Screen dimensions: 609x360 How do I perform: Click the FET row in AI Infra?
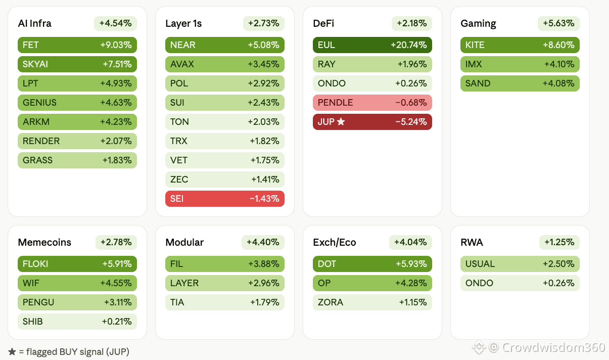[x=77, y=45]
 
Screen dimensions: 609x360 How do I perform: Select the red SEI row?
[x=225, y=199]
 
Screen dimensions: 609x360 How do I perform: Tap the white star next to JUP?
[x=341, y=121]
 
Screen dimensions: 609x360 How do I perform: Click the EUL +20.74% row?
[x=372, y=45]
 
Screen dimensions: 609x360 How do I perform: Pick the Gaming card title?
[x=478, y=24]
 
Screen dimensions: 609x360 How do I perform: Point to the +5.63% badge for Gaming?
[x=558, y=23]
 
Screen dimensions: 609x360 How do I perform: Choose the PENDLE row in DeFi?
[x=372, y=103]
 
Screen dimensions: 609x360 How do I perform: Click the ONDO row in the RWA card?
[x=520, y=283]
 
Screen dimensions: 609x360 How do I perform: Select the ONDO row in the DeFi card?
[x=372, y=83]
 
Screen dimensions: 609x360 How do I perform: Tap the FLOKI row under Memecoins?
[x=77, y=264]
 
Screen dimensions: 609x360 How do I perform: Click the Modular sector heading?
[x=184, y=242]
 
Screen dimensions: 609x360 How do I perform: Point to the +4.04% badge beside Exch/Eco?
[x=410, y=242]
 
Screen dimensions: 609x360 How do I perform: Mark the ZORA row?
[x=372, y=302]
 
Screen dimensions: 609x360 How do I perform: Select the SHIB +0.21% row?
[x=77, y=322]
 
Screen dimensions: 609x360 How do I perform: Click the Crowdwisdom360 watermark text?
[x=553, y=347]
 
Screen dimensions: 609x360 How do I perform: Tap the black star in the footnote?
[x=12, y=352]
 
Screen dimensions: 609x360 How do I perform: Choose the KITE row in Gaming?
[x=520, y=45]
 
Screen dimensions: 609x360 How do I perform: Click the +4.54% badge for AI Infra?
[x=115, y=23]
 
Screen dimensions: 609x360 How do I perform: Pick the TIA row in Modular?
[x=225, y=302]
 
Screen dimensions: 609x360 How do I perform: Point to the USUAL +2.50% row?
[x=520, y=264]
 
